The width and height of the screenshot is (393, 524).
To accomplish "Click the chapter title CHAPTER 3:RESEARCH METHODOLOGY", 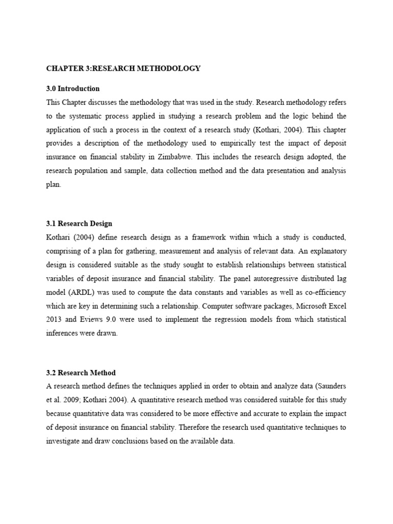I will pyautogui.click(x=123, y=68).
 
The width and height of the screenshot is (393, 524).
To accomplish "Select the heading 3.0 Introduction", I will pyautogui.click(x=73, y=89).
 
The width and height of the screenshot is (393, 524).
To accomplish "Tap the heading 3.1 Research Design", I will pyautogui.click(x=79, y=224).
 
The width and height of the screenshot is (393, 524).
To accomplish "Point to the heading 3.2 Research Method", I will pyautogui.click(x=80, y=373).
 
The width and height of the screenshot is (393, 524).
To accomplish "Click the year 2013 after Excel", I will pyautogui.click(x=54, y=319).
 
